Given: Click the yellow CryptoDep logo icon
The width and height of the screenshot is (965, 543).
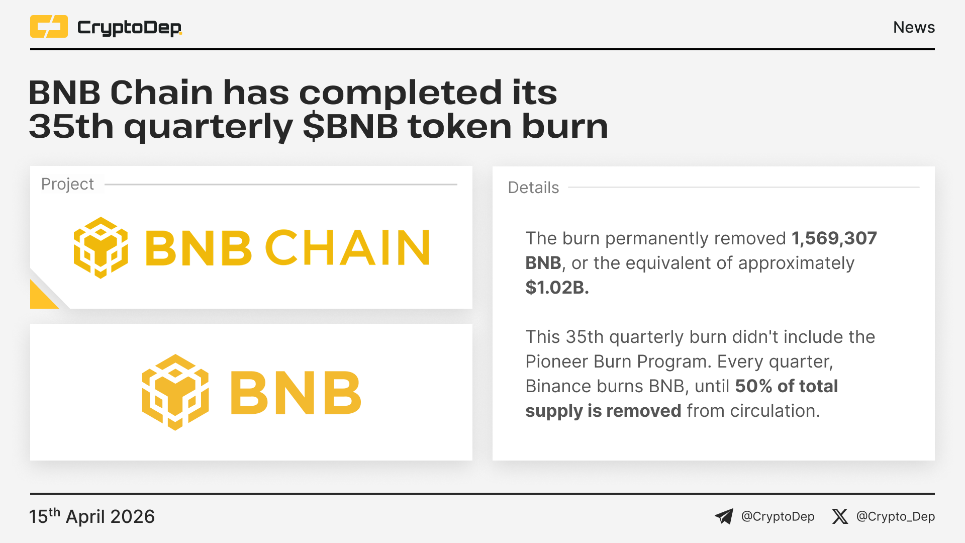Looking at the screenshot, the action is (x=49, y=27).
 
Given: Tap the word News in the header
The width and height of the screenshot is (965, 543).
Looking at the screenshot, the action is (x=914, y=27).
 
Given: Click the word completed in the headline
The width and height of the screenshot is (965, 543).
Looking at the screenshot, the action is (x=400, y=93).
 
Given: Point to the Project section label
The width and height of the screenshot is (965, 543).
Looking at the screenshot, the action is (x=67, y=185).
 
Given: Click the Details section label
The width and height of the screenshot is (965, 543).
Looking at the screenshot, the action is (x=533, y=188).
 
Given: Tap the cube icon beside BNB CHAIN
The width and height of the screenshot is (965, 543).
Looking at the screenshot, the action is (x=101, y=247).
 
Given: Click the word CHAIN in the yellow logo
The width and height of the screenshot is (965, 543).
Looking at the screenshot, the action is (x=347, y=247).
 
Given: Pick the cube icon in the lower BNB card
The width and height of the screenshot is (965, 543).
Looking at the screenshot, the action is (x=175, y=392).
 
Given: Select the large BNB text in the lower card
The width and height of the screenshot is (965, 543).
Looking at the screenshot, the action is (x=296, y=393).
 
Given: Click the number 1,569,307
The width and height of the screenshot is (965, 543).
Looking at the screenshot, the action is (x=834, y=238).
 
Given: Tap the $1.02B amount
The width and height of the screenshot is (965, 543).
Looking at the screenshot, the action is (x=557, y=288).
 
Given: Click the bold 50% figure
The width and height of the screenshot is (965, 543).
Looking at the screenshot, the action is (x=753, y=386).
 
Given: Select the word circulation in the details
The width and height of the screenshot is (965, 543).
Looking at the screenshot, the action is (x=775, y=411).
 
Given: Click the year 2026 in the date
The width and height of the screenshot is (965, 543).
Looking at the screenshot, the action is (x=133, y=517).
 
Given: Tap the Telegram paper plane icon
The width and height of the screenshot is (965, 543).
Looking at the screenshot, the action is (x=724, y=516).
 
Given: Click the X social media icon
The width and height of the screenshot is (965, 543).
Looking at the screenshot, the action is (x=840, y=516).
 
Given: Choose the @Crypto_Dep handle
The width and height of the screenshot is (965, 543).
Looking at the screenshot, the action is (x=896, y=517).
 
